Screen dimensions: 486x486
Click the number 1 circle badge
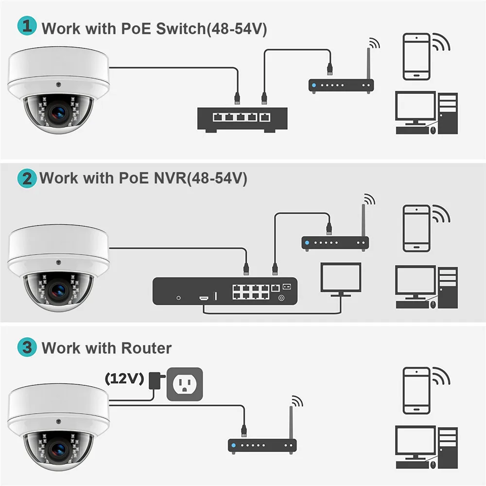pyautogui.click(x=27, y=26)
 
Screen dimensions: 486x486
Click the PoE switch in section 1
pyautogui.click(x=242, y=118)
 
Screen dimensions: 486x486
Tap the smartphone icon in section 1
pyautogui.click(x=417, y=56)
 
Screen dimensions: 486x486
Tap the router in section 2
pyautogui.click(x=335, y=242)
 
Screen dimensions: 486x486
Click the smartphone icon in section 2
pyautogui.click(x=417, y=228)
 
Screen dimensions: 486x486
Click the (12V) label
pyautogui.click(x=124, y=379)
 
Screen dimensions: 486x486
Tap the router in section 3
pyautogui.click(x=262, y=445)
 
